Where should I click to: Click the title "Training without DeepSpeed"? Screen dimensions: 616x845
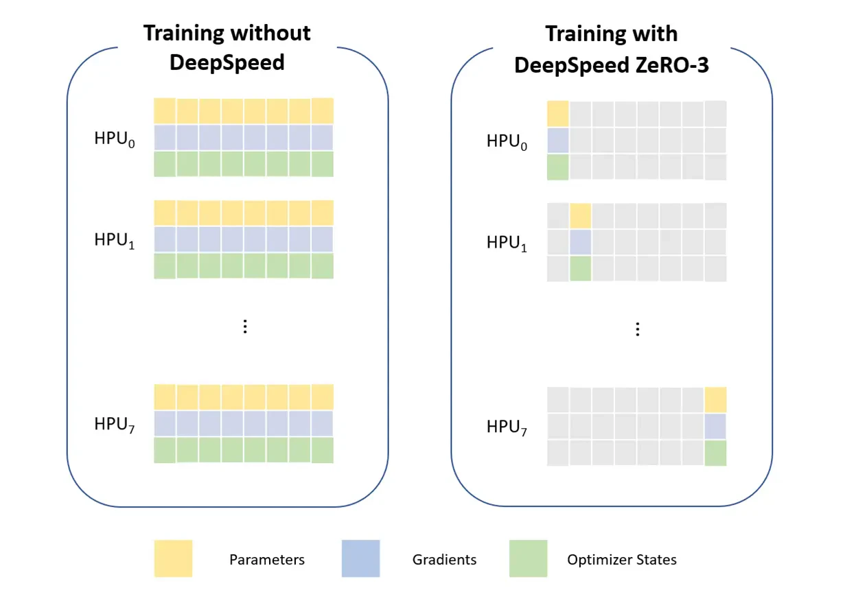pyautogui.click(x=227, y=47)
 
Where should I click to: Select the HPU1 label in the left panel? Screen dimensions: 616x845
pyautogui.click(x=115, y=241)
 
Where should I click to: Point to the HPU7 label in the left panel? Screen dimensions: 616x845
pyautogui.click(x=115, y=425)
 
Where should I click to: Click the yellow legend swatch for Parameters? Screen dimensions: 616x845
pyautogui.click(x=173, y=558)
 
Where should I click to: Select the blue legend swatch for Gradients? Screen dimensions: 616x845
pyautogui.click(x=360, y=558)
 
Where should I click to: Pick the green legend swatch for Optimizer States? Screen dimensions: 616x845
pyautogui.click(x=528, y=558)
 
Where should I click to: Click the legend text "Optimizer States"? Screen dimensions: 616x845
pyautogui.click(x=621, y=560)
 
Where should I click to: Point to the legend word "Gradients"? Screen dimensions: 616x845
pyautogui.click(x=444, y=560)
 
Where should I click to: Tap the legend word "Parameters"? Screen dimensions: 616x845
pyautogui.click(x=267, y=560)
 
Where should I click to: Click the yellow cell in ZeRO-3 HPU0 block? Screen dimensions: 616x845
pyautogui.click(x=558, y=114)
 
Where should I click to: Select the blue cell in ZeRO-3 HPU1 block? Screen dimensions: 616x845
pyautogui.click(x=581, y=242)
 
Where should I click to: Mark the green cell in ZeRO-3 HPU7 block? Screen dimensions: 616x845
pyautogui.click(x=715, y=453)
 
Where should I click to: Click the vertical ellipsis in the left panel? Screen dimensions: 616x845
pyautogui.click(x=245, y=327)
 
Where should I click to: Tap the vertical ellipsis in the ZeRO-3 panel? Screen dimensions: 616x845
pyautogui.click(x=638, y=329)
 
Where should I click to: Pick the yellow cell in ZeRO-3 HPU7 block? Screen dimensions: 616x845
pyautogui.click(x=715, y=400)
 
